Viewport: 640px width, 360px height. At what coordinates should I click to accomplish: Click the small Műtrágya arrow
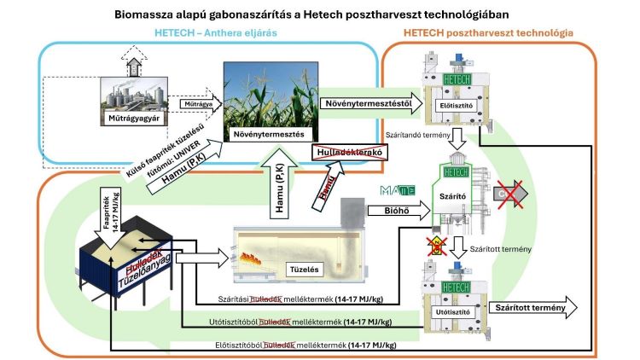pos(192,104)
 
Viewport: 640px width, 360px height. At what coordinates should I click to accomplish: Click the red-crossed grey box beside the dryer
pos(510,194)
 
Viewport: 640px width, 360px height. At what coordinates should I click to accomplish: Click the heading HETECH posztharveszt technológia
pos(492,32)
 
